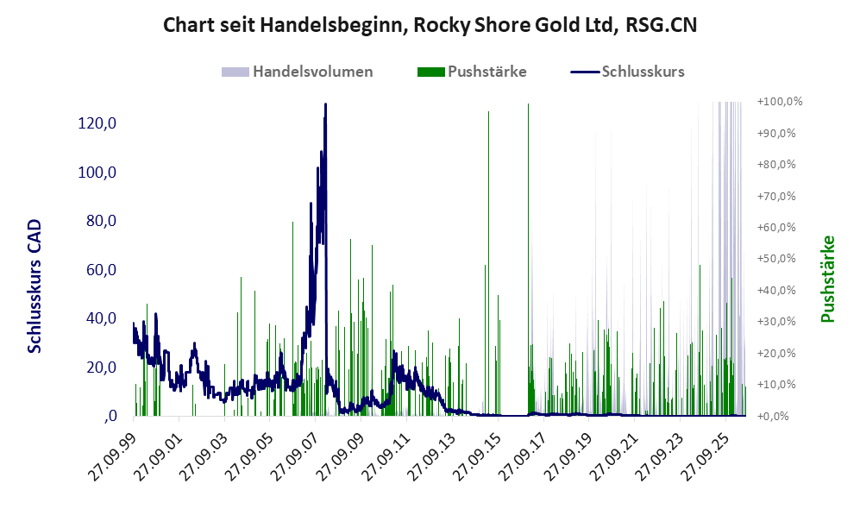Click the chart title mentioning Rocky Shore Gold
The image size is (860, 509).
[x=430, y=25]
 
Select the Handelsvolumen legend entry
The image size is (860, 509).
[x=298, y=72]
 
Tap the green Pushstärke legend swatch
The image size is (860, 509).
[x=430, y=72]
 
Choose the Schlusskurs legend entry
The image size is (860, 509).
[x=627, y=72]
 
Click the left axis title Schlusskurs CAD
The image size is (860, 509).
[x=35, y=286]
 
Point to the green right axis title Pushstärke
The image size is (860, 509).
[x=827, y=279]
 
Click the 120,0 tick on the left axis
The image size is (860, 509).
[x=97, y=123]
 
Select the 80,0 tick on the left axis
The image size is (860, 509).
[x=102, y=221]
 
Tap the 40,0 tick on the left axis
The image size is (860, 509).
[x=102, y=318]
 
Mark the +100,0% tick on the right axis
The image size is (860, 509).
[x=780, y=102]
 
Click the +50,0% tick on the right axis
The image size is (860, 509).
[x=776, y=258]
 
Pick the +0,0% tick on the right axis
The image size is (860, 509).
[x=774, y=417]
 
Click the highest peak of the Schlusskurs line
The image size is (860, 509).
[x=325, y=104]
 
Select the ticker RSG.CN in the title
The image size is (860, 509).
[x=661, y=25]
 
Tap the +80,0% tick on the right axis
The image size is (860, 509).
[x=776, y=165]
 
